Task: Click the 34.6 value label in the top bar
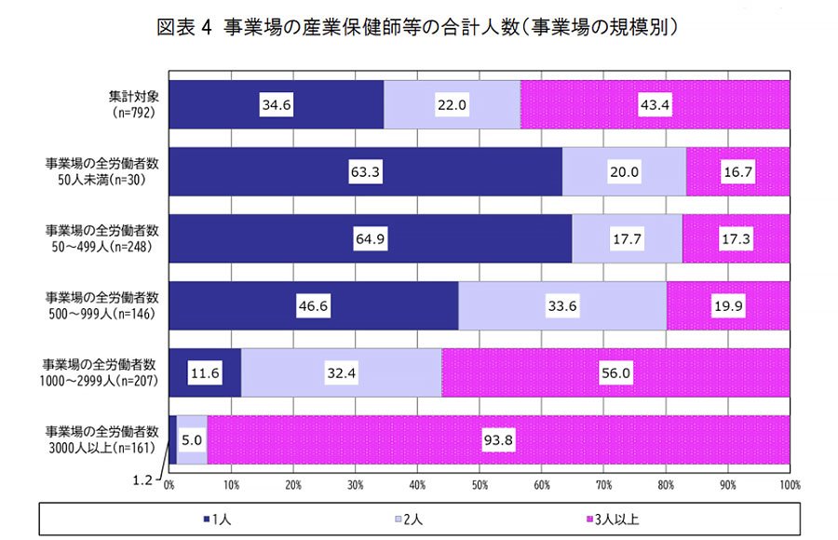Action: coord(277,105)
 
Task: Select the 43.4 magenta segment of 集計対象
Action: coord(655,105)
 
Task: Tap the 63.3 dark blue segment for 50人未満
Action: coord(365,172)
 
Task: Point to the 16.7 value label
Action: coord(738,172)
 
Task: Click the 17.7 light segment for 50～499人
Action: coord(627,239)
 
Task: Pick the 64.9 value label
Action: coord(371,239)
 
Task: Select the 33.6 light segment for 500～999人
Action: coord(562,306)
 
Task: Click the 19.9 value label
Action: coord(729,306)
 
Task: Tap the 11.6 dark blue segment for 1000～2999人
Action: coord(205,373)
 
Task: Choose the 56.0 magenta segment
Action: coord(615,373)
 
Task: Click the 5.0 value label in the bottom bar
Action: coord(191,440)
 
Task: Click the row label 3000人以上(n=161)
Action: coord(103,440)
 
